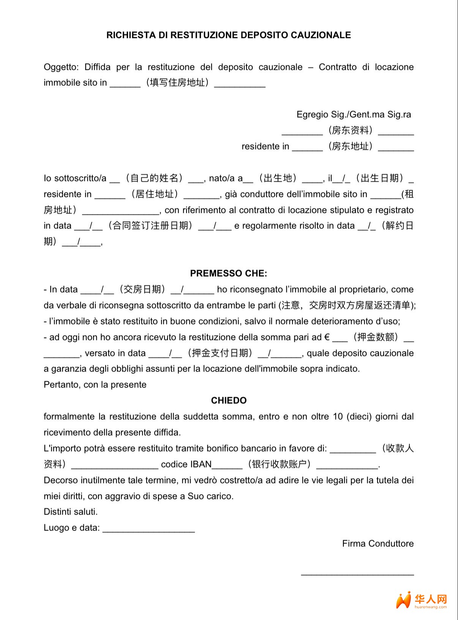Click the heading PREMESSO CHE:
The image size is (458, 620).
pos(229,273)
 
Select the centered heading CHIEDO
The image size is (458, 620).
pos(229,400)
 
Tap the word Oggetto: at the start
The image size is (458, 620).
pos(61,67)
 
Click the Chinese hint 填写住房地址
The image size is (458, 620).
pos(177,83)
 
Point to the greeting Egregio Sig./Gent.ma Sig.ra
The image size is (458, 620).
pos(354,114)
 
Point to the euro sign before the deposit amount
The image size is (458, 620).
pos(327,337)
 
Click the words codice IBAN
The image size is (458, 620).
pos(186,464)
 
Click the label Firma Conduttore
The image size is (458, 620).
pos(377,543)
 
